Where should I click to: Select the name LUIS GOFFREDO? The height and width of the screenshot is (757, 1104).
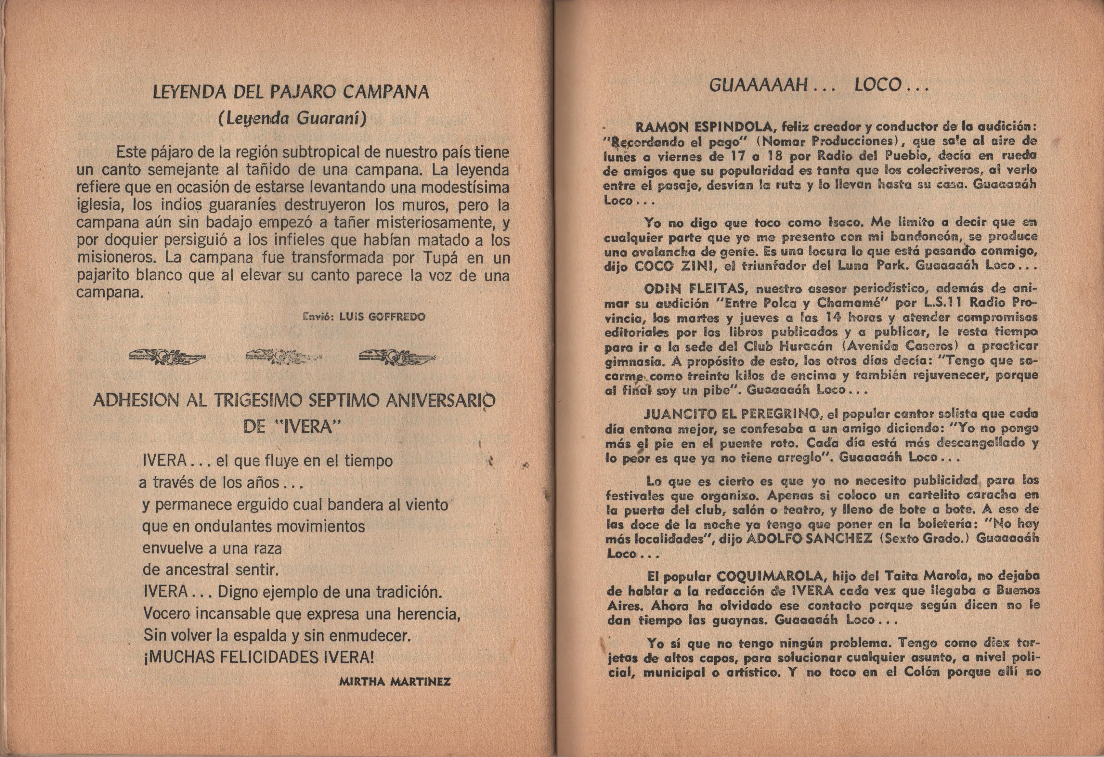(x=382, y=317)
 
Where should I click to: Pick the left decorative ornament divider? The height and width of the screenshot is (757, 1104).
(x=166, y=357)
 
